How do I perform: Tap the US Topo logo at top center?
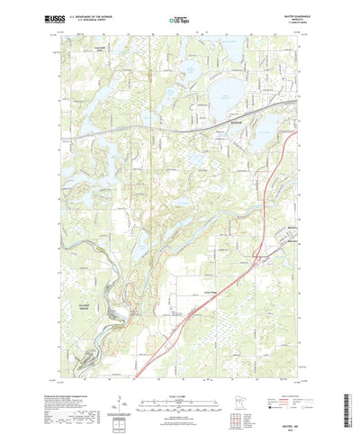[x=178, y=18]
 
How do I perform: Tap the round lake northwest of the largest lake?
[x=193, y=69]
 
